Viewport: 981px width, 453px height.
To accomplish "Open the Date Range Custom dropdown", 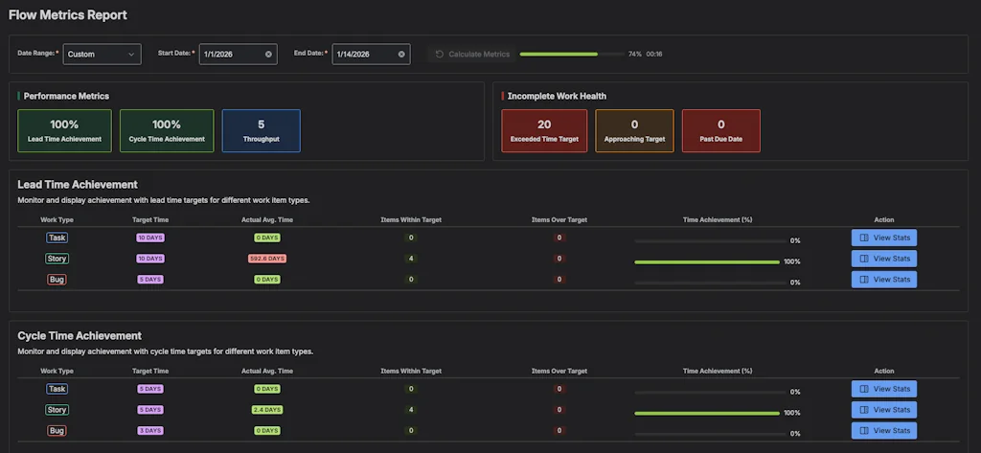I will pyautogui.click(x=102, y=55).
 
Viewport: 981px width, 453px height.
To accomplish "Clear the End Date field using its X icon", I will pyautogui.click(x=401, y=55).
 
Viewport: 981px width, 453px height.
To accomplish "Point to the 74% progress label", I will pyautogui.click(x=634, y=55).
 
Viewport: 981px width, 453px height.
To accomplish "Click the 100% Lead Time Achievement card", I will pyautogui.click(x=64, y=130).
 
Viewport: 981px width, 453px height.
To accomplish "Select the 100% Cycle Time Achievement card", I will pyautogui.click(x=167, y=130).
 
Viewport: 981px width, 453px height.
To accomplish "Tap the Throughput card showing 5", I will pyautogui.click(x=261, y=130).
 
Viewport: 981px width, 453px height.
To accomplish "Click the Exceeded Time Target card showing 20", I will pyautogui.click(x=544, y=130).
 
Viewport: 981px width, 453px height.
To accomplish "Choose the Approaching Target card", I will pyautogui.click(x=634, y=130).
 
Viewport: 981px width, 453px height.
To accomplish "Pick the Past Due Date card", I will pyautogui.click(x=720, y=130).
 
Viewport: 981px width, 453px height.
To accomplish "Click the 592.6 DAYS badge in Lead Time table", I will pyautogui.click(x=267, y=259).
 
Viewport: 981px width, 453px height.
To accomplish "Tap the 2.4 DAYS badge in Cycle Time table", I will pyautogui.click(x=267, y=410).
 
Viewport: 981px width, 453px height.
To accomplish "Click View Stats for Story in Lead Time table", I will pyautogui.click(x=883, y=259).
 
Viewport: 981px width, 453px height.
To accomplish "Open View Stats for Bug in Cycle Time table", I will pyautogui.click(x=883, y=431).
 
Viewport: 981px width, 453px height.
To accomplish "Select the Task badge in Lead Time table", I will pyautogui.click(x=57, y=238).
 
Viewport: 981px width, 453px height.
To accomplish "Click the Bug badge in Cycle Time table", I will pyautogui.click(x=57, y=431).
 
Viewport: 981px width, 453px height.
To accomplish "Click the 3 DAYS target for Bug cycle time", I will pyautogui.click(x=149, y=431).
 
